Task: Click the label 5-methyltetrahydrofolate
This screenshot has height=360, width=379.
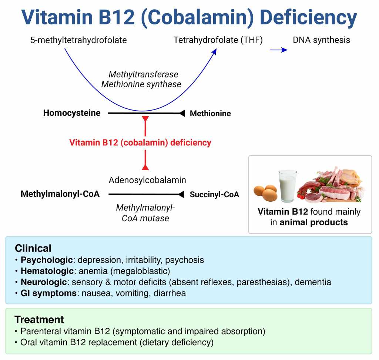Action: [78, 40]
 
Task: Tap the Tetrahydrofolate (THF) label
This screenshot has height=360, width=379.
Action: [218, 40]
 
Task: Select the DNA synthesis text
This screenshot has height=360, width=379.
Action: [322, 40]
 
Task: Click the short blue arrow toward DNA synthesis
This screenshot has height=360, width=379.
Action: [278, 50]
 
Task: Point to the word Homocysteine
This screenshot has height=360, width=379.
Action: [72, 113]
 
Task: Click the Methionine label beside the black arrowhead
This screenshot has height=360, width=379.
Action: [210, 113]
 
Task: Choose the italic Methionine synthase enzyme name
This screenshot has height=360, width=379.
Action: [141, 84]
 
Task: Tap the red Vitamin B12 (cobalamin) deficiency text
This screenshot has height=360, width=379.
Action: [140, 142]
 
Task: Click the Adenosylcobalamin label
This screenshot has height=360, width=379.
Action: [147, 180]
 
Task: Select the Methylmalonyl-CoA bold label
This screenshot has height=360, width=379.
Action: [60, 194]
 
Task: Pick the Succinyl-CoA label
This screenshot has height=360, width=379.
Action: [214, 194]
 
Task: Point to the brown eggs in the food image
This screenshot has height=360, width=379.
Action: [266, 192]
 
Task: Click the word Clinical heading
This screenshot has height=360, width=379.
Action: [33, 248]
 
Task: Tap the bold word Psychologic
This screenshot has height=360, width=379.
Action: [47, 260]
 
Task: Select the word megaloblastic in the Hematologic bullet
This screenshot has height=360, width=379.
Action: [140, 271]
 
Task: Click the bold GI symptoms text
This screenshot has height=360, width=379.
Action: [48, 293]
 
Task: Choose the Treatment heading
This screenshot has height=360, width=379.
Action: [39, 319]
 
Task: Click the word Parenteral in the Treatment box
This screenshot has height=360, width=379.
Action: [41, 331]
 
